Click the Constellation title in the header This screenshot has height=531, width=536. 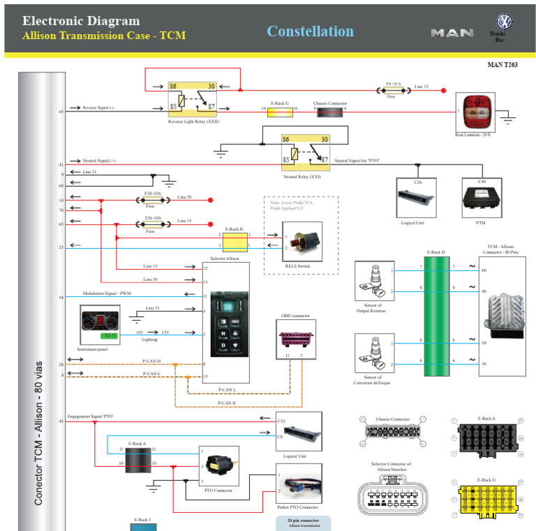[x=310, y=31]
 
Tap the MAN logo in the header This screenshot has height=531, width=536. [x=452, y=33]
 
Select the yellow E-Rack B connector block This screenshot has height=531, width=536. [x=234, y=241]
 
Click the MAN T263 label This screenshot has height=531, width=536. [x=502, y=65]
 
